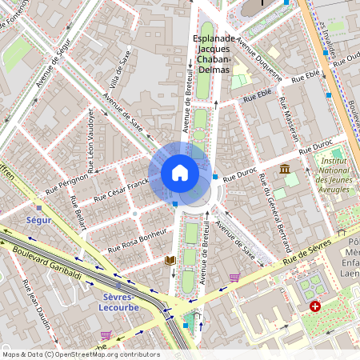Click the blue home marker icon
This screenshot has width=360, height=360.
[x=180, y=172]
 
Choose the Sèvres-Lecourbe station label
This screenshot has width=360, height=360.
[x=121, y=301]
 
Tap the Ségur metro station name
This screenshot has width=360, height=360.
[x=38, y=219]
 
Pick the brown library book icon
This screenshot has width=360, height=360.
[x=169, y=261]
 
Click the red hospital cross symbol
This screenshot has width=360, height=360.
[x=315, y=306]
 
